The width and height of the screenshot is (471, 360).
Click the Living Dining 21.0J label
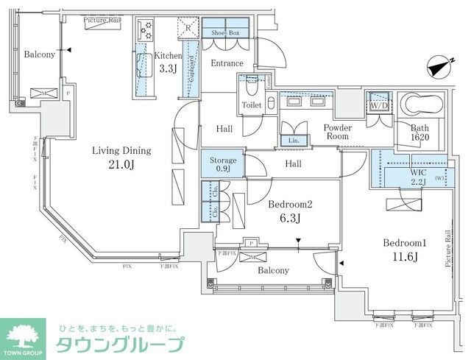click(121, 157)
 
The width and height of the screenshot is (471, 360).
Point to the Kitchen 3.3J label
click(168, 62)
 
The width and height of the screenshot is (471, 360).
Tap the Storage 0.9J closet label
click(223, 164)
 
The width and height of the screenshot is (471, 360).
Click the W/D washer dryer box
click(380, 105)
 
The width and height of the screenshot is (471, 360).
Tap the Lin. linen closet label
click(294, 140)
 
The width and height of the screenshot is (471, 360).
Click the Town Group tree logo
click(24, 335)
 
